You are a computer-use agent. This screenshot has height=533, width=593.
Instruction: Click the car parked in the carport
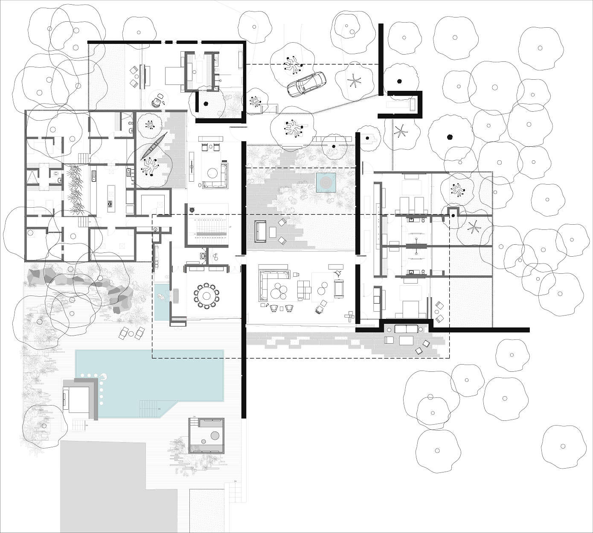click(x=306, y=84)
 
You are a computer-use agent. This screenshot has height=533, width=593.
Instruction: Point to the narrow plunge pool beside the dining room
click(x=161, y=302)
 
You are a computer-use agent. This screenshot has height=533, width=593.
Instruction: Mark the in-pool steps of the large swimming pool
click(x=149, y=408)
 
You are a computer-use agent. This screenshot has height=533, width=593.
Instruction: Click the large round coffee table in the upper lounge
click(x=212, y=173)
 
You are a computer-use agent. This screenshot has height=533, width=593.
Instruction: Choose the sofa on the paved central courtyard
click(x=260, y=231)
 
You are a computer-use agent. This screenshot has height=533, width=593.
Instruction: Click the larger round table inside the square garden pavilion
click(x=215, y=436)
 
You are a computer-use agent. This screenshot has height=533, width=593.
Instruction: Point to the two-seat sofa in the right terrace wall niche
click(x=406, y=329)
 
